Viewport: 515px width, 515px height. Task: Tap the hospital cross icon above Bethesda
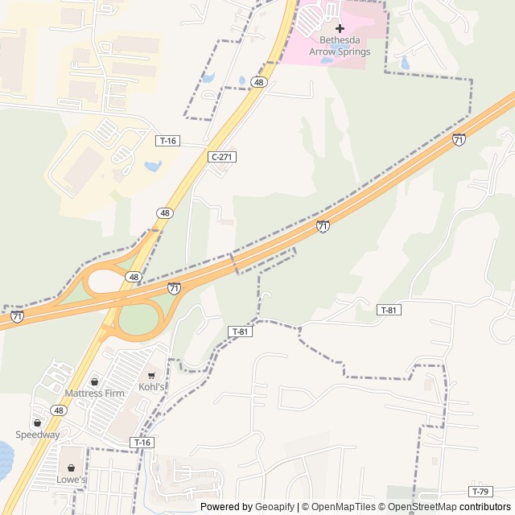(340, 28)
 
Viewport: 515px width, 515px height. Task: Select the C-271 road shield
(222, 157)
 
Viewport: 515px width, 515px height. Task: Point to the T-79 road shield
(480, 492)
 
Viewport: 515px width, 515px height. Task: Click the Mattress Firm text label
(94, 393)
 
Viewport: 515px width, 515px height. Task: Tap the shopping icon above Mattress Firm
(94, 381)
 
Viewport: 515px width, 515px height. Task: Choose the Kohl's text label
(151, 387)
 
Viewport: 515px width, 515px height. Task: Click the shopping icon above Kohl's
(151, 375)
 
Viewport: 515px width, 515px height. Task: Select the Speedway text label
(38, 435)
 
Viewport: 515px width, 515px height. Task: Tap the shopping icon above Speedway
(37, 422)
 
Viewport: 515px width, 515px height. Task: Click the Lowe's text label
(71, 480)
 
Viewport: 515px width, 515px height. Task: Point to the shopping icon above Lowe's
(71, 468)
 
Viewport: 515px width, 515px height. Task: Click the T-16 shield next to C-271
(167, 141)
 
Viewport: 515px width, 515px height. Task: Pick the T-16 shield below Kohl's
(142, 443)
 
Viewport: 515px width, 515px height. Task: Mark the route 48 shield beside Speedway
(58, 410)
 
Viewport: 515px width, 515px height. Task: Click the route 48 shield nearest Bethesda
(257, 82)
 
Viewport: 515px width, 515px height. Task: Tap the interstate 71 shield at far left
(17, 317)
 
